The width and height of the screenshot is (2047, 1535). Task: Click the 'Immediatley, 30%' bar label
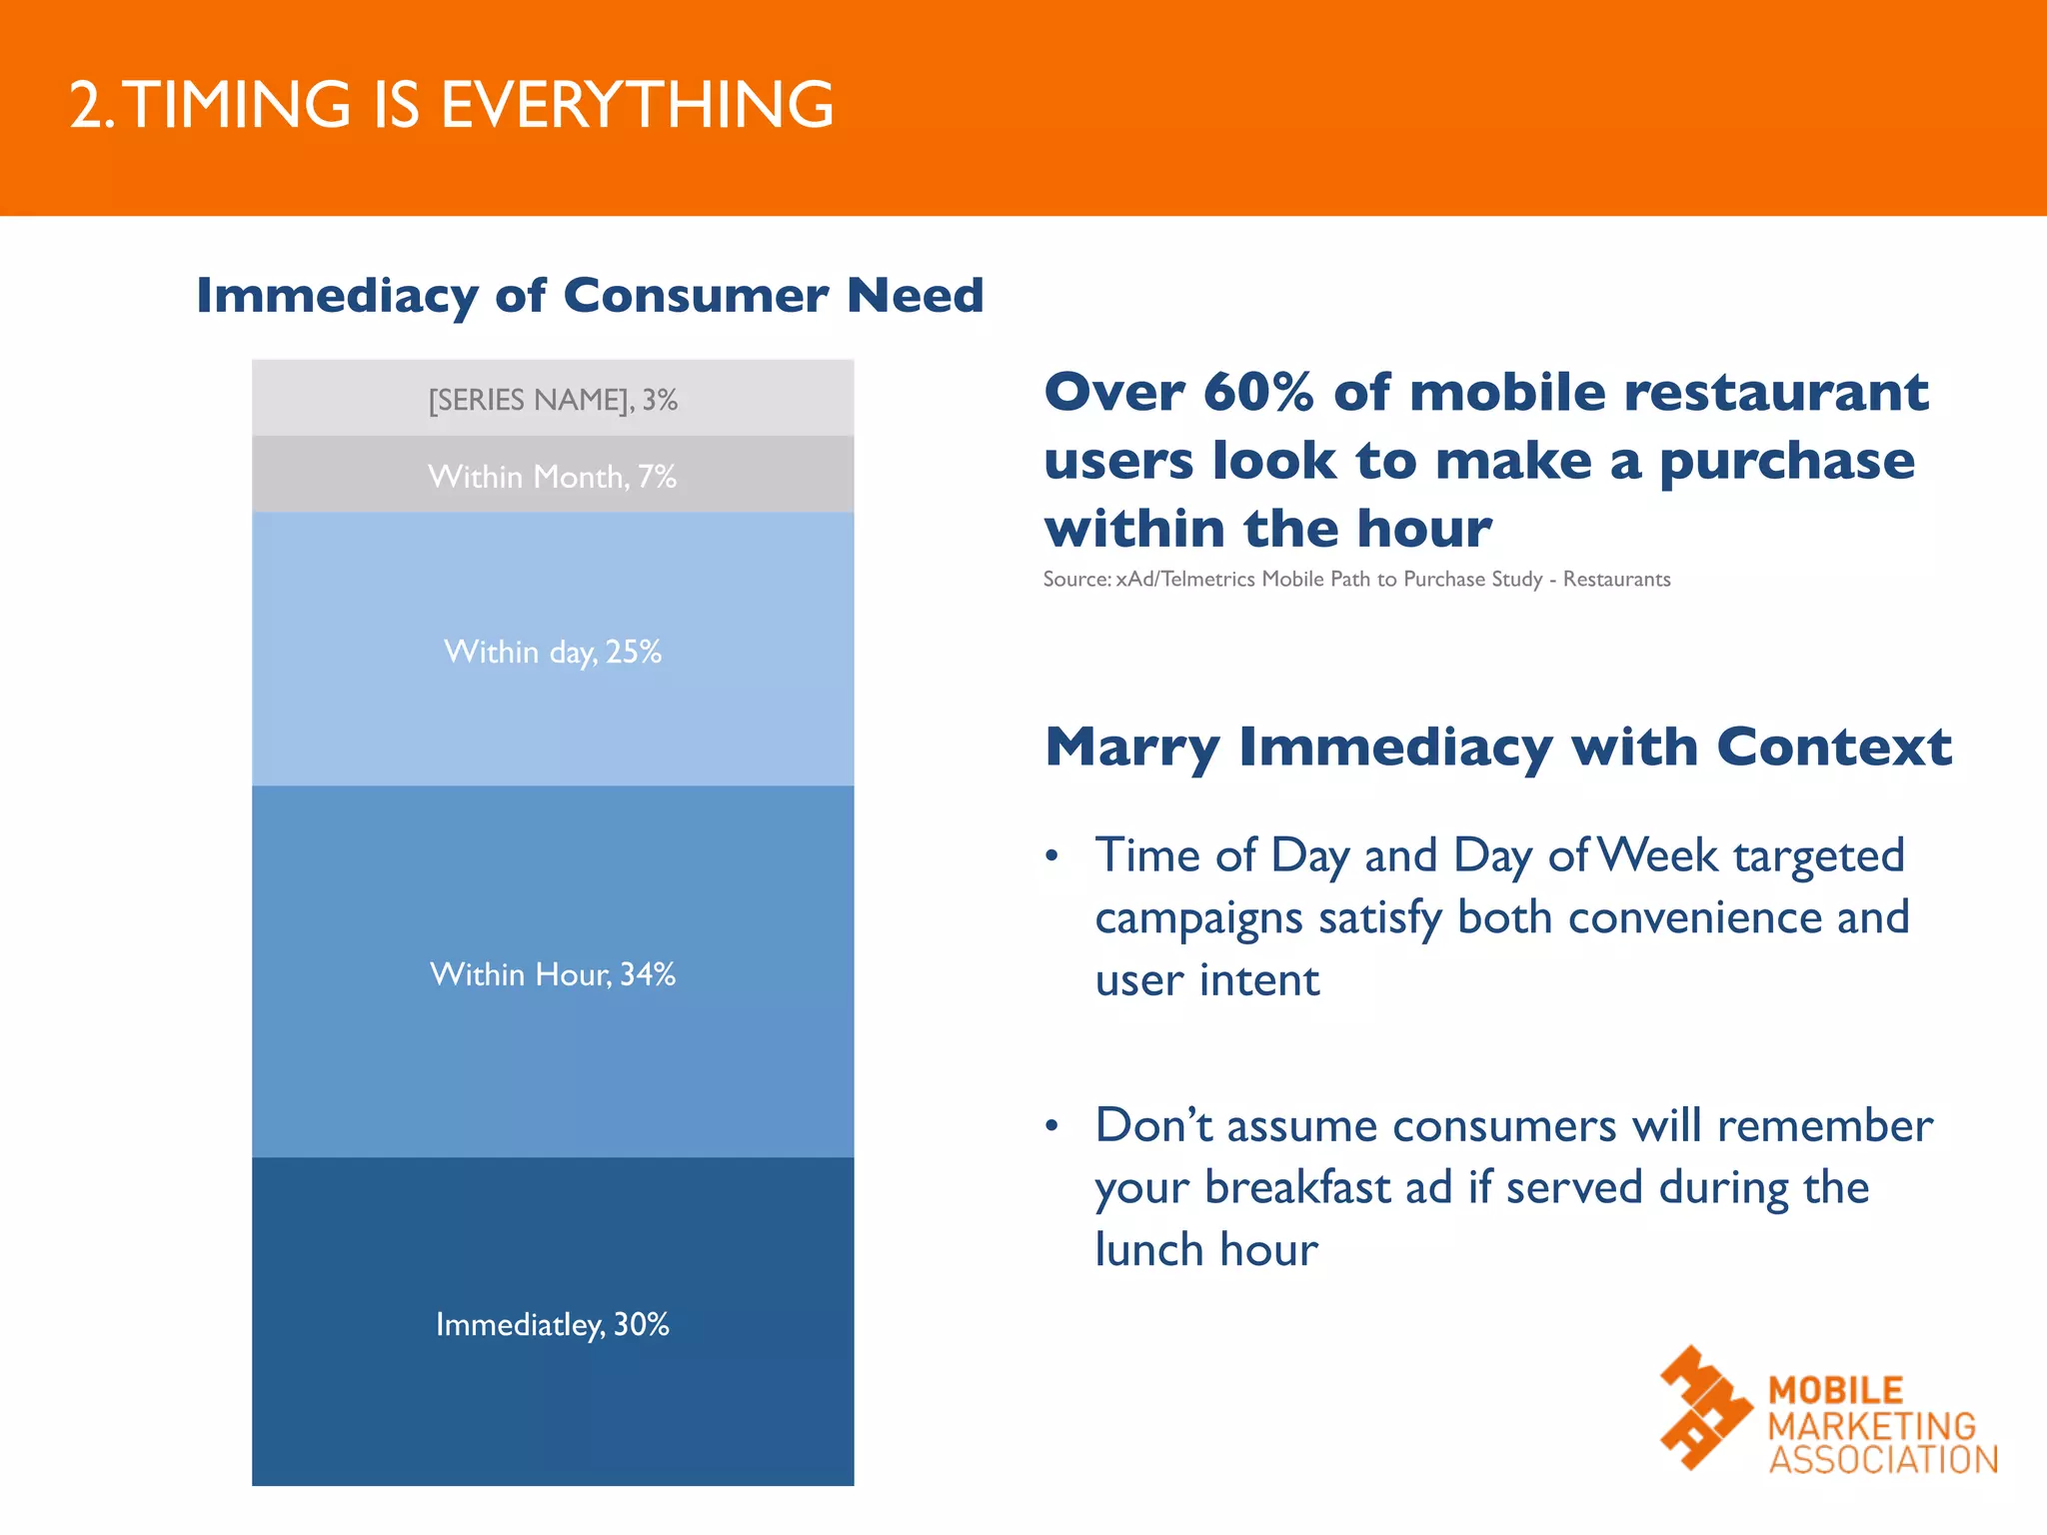(553, 1324)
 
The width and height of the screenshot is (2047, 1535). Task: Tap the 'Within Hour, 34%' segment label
(553, 973)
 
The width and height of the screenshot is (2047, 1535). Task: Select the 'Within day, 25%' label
(553, 652)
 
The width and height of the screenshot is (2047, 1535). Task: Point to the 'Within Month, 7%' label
(553, 477)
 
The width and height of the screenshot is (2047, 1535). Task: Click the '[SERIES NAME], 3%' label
(553, 400)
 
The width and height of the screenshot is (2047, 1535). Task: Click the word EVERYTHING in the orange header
(637, 105)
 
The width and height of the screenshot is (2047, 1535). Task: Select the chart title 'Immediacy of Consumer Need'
(590, 295)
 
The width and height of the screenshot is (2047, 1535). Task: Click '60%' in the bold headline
(1258, 392)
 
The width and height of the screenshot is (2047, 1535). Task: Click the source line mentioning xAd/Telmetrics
(1356, 580)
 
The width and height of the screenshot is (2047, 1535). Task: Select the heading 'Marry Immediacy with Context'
(1497, 747)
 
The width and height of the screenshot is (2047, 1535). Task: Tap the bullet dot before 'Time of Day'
(1051, 856)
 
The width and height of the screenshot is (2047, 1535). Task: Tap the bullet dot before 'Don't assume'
(1051, 1126)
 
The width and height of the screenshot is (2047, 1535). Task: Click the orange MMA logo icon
(1705, 1407)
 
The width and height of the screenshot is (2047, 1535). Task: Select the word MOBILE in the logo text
(1835, 1390)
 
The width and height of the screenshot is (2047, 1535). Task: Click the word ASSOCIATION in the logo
(1883, 1459)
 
